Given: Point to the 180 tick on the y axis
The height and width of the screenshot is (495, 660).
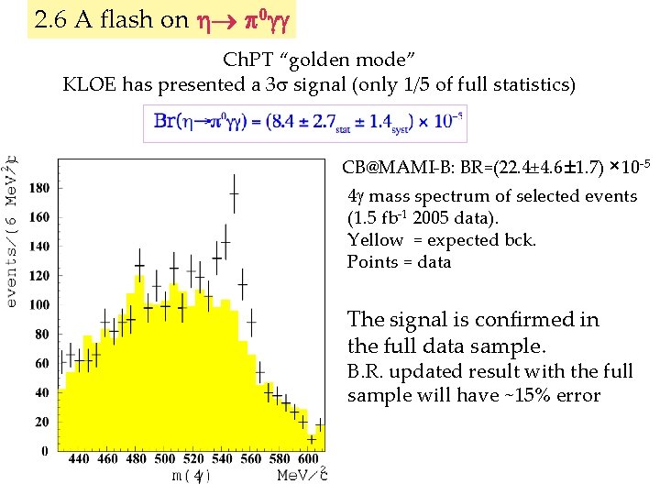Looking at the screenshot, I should click(38, 188).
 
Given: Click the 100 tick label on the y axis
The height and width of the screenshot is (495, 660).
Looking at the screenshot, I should click(38, 304).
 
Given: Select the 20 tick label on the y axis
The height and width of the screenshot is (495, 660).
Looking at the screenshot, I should click(41, 422).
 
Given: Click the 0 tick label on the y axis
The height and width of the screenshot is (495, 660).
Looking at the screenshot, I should click(45, 451).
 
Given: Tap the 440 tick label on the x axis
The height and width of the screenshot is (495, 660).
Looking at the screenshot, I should click(79, 459).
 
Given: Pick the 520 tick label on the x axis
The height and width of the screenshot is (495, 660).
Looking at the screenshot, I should click(192, 459).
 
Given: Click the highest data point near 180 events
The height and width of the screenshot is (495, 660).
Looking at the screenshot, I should click(235, 192).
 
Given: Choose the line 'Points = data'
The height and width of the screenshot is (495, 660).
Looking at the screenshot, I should click(399, 262).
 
